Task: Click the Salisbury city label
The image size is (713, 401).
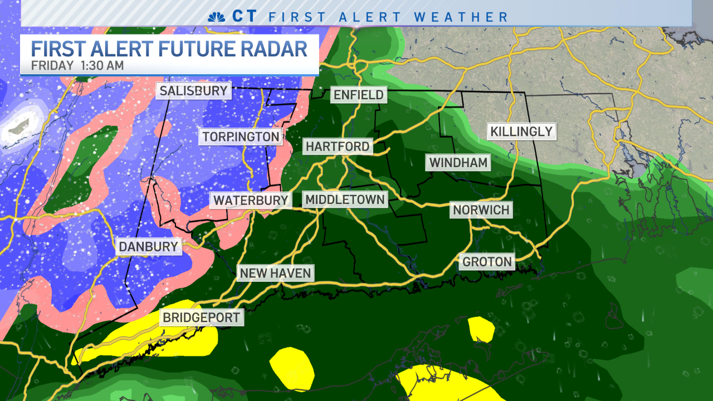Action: pos(193,91)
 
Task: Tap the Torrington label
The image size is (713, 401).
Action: pos(241,136)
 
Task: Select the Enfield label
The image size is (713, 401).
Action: pos(358,95)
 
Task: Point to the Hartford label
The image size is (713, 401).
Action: pos(338,146)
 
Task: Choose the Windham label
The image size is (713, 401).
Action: pos(458,163)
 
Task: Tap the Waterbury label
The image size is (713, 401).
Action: pos(251,200)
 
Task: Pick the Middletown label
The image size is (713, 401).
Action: pos(345,199)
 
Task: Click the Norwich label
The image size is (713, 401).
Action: pos(481,210)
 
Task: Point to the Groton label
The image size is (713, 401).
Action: pos(486,262)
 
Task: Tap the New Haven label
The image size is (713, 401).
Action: pos(275,273)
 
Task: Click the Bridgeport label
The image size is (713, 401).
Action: pos(201,318)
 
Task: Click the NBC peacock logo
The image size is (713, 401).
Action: pos(216,17)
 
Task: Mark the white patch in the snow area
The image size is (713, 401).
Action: pos(17,129)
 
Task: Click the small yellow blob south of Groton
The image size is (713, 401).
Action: pos(481,329)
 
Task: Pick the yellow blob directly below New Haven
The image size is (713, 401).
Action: pos(292,368)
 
